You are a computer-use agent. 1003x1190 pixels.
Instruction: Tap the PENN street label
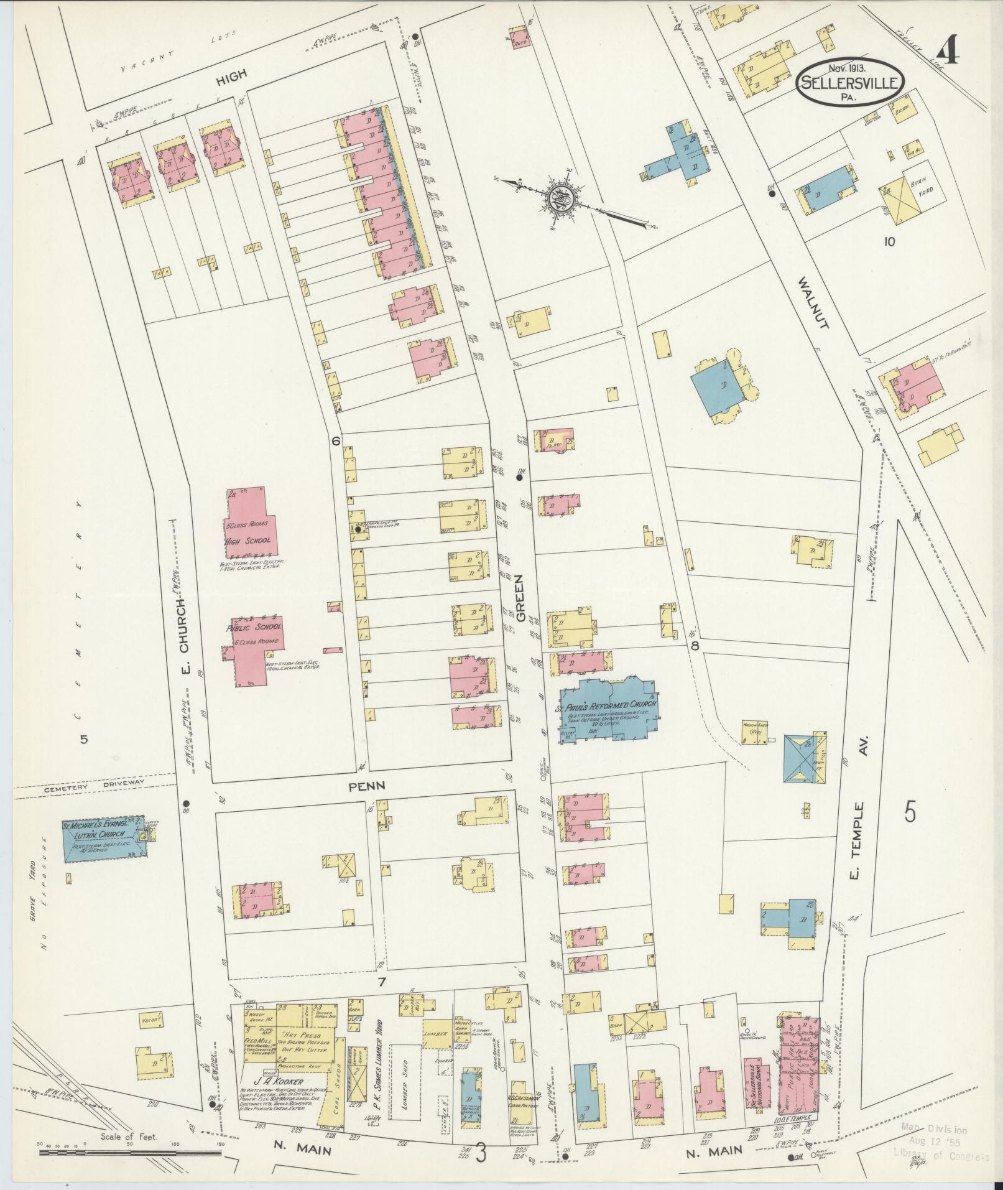366,786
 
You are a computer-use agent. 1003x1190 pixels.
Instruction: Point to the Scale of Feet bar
131,1153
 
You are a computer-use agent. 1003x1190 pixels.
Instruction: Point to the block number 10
889,241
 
